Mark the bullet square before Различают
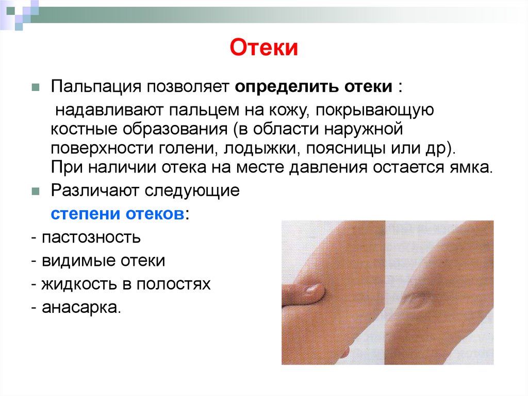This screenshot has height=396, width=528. click(35, 191)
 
